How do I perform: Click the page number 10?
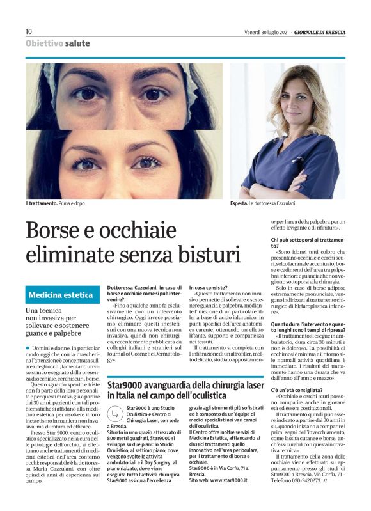pyautogui.click(x=29, y=31)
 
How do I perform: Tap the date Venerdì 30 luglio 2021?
pyautogui.click(x=267, y=32)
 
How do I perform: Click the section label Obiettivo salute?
pyautogui.click(x=58, y=43)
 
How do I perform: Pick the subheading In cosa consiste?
pyautogui.click(x=209, y=288)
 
